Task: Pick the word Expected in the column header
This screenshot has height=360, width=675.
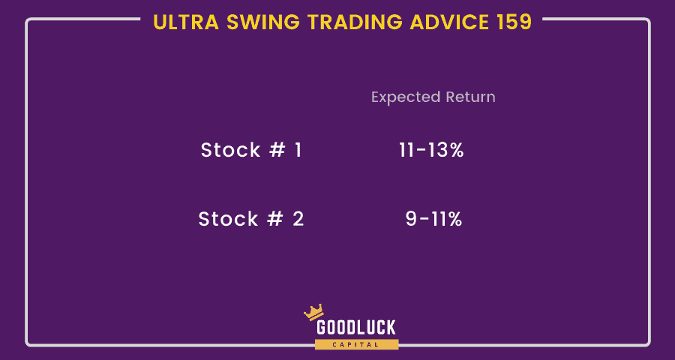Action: (x=406, y=97)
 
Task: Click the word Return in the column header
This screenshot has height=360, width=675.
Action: (x=470, y=97)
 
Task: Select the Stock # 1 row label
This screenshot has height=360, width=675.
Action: (x=251, y=150)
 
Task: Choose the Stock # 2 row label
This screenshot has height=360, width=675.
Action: (x=251, y=219)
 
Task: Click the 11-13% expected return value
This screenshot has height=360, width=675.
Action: (x=431, y=150)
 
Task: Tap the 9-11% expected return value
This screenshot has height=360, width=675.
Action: (x=433, y=220)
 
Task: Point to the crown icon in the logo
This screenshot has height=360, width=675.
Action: (x=313, y=312)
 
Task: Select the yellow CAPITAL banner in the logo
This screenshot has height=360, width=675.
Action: (x=356, y=344)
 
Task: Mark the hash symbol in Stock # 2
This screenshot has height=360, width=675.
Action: (x=274, y=219)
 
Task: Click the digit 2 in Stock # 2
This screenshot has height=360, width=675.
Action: (x=298, y=219)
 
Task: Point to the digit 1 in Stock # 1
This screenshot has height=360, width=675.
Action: (x=298, y=150)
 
